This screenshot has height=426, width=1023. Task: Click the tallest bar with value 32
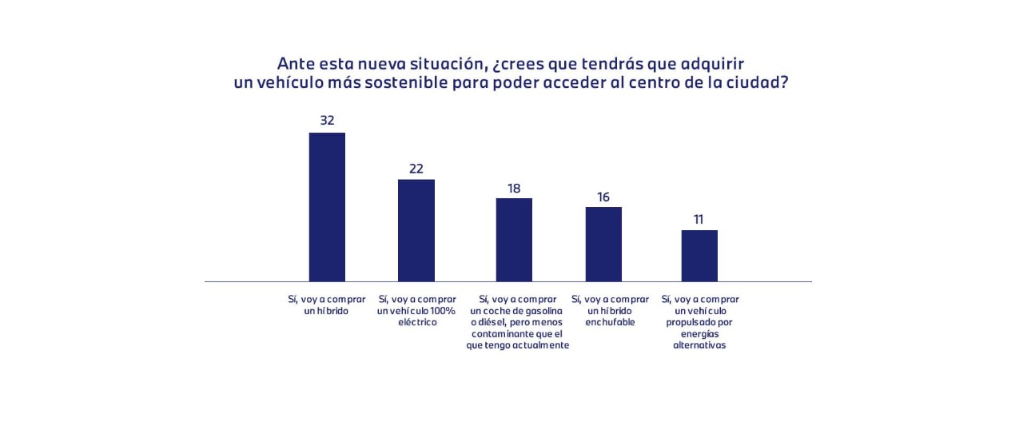pyautogui.click(x=327, y=207)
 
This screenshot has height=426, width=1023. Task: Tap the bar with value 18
pyautogui.click(x=514, y=240)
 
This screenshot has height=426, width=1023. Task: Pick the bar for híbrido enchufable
pyautogui.click(x=603, y=244)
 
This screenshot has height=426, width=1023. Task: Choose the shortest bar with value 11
pyautogui.click(x=699, y=256)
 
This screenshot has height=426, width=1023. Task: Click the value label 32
pyautogui.click(x=327, y=121)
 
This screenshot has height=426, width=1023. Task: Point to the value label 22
pyautogui.click(x=416, y=169)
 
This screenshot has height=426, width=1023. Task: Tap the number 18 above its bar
pyautogui.click(x=514, y=189)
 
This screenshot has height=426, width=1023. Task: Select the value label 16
pyautogui.click(x=603, y=197)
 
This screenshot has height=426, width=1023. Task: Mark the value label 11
pyautogui.click(x=699, y=219)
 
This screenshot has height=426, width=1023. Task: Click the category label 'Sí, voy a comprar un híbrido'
pyautogui.click(x=327, y=305)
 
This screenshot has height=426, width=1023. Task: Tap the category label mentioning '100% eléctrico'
pyautogui.click(x=416, y=310)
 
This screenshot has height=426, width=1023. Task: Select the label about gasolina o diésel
pyautogui.click(x=517, y=322)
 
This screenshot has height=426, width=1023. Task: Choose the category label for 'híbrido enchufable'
pyautogui.click(x=610, y=310)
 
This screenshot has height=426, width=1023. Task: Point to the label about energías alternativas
pyautogui.click(x=699, y=322)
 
